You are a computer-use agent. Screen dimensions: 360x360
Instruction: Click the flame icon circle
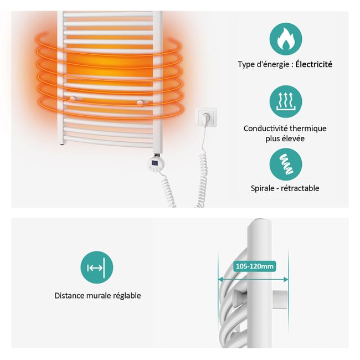point(286,39)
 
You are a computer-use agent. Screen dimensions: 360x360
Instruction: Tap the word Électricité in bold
point(313,64)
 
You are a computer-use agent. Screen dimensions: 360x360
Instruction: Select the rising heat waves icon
point(286,102)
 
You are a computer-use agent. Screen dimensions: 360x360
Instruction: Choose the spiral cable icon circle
point(286,164)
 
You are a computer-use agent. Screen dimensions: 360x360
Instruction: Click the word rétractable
point(300,188)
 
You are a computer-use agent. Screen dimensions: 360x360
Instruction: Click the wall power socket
point(206,117)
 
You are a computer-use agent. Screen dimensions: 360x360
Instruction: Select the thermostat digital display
point(155,163)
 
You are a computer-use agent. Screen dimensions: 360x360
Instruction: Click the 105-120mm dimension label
point(255,266)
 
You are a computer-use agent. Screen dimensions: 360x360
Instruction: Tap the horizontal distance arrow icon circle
point(97,268)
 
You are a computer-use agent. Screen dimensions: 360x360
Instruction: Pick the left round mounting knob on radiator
point(73,99)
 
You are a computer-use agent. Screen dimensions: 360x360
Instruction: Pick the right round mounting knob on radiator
point(140,102)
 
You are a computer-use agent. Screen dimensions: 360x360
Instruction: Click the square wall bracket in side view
point(280,300)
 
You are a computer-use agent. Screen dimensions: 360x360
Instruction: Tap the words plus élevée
point(285,138)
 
